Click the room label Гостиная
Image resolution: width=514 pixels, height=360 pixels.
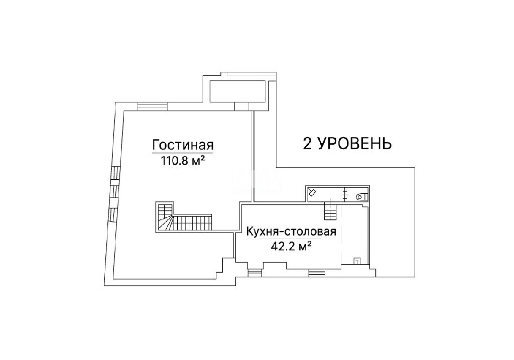(x=183, y=145)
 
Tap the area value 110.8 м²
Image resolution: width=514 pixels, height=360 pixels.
(x=183, y=161)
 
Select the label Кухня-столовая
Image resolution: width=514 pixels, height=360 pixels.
(x=292, y=231)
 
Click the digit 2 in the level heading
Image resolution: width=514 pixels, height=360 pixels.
(x=307, y=143)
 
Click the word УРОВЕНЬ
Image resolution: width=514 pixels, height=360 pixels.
(x=354, y=143)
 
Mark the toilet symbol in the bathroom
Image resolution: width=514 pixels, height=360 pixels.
(x=362, y=197)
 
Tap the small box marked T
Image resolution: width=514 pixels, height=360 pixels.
(x=357, y=261)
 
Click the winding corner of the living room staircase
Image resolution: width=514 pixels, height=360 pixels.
(x=165, y=223)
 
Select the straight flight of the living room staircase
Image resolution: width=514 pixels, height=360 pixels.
(x=192, y=223)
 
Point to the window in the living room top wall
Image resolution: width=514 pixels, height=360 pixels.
(x=153, y=106)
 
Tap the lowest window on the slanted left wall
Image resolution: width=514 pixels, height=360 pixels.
(x=112, y=215)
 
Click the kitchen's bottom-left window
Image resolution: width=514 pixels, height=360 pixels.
(x=254, y=273)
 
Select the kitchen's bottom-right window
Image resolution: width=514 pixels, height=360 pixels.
(x=317, y=273)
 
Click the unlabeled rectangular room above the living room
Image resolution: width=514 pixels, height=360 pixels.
(x=237, y=90)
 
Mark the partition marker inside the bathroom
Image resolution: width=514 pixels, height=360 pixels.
(x=345, y=194)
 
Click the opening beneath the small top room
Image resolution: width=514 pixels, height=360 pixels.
(x=242, y=106)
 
